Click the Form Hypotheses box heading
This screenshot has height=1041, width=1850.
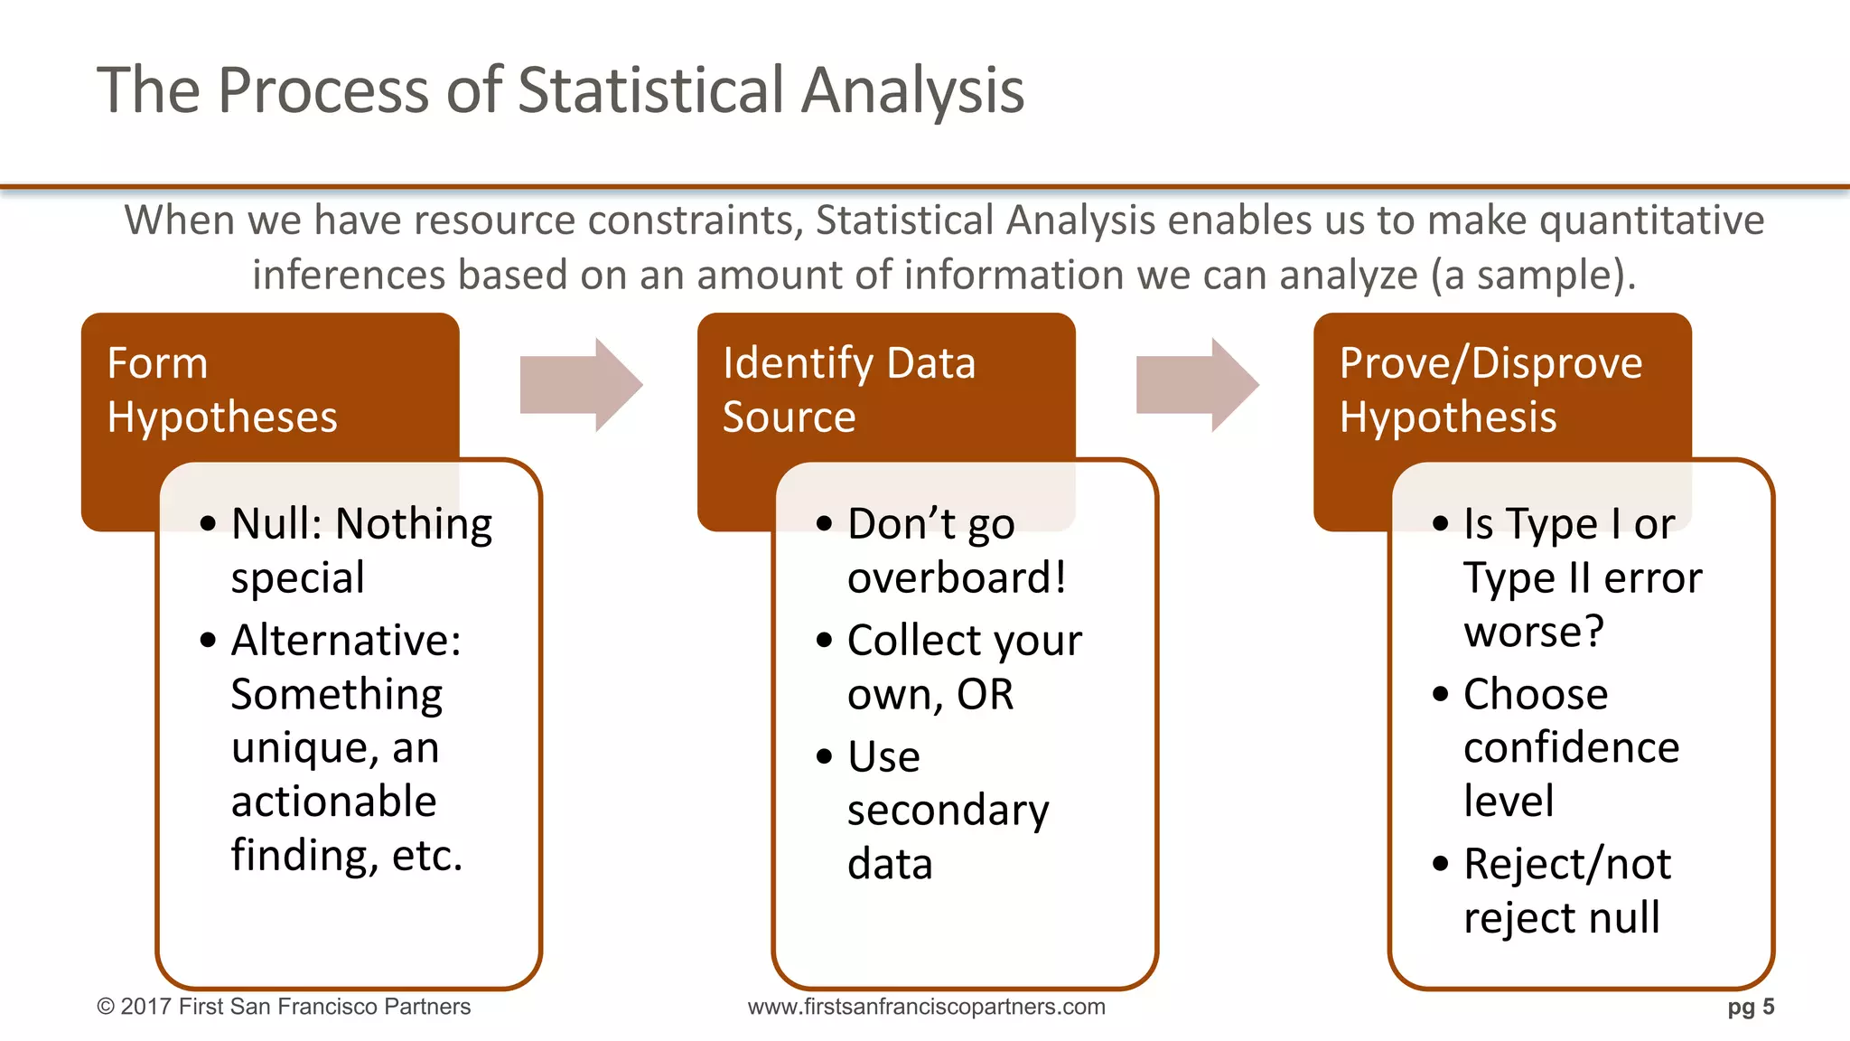(221, 390)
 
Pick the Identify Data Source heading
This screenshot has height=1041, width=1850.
(849, 390)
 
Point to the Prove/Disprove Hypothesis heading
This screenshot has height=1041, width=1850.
(1490, 390)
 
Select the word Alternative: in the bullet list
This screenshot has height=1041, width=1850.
(346, 641)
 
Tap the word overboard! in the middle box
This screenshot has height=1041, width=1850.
(957, 578)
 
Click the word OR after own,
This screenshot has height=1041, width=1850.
(986, 695)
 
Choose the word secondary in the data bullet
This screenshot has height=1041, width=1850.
(948, 811)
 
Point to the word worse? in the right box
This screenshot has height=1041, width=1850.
(1534, 632)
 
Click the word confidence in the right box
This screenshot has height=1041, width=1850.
(1571, 748)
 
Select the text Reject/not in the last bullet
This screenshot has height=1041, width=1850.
(1567, 865)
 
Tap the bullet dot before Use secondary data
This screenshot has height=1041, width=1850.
(824, 756)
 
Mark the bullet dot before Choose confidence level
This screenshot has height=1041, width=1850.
(1440, 694)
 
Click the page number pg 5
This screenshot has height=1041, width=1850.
(1751, 1007)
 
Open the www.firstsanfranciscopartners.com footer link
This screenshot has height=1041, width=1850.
(926, 1007)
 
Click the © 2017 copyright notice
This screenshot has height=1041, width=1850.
(284, 1007)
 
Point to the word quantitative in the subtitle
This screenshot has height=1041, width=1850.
(1651, 221)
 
